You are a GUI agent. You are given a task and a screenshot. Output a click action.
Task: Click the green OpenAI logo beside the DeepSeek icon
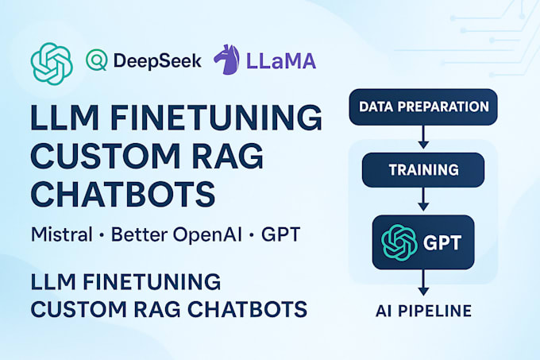(52, 61)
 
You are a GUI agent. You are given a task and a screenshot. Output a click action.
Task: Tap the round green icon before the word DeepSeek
(95, 60)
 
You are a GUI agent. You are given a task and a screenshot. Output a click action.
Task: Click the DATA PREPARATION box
(423, 106)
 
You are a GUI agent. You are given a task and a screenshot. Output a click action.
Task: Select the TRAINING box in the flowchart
(423, 169)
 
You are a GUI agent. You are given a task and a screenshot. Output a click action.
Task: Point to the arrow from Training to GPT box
(423, 200)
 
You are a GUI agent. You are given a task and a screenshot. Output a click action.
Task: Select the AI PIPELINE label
(423, 309)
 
